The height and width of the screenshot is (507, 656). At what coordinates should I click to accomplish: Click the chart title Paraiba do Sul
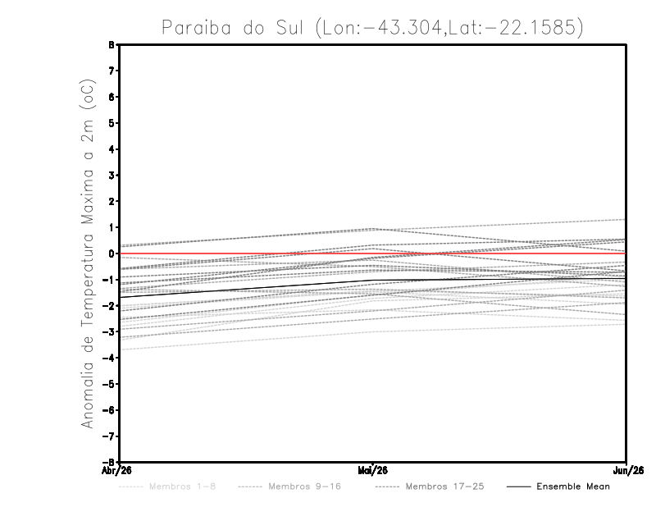[235, 28]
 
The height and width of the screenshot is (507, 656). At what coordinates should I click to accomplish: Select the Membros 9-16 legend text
[304, 486]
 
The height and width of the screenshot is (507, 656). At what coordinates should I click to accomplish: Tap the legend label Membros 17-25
[445, 486]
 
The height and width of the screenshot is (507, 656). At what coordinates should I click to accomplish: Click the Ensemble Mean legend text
[573, 486]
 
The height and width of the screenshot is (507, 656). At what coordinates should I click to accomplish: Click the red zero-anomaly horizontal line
[492, 253]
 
